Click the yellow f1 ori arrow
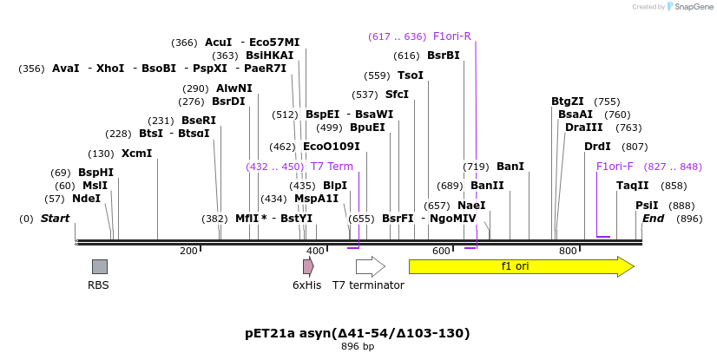521,266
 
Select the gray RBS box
100,266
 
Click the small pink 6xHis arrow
308,266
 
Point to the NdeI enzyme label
86,199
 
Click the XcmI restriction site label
136,154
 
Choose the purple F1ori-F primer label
615,167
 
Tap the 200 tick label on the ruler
188,252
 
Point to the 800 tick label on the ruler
568,252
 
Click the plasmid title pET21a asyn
358,333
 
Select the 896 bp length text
358,347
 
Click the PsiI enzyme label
647,206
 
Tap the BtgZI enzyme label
568,101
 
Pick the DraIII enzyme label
583,128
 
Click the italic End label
653,219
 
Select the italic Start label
55,219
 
